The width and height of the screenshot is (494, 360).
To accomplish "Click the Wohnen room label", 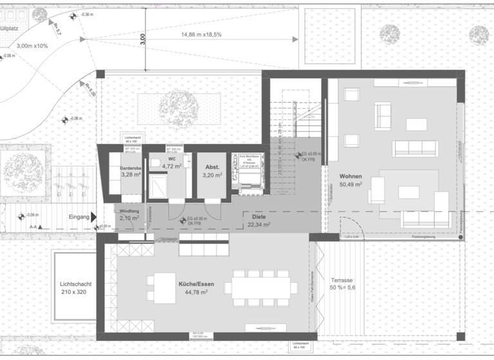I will tap(346, 176).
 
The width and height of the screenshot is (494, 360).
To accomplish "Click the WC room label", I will tap(172, 158).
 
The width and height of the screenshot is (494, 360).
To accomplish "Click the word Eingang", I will tap(79, 217).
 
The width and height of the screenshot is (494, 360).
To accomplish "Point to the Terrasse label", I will tap(342, 281).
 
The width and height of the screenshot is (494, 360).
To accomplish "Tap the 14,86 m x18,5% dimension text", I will tap(201, 34).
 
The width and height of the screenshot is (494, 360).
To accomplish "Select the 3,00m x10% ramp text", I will tap(32, 46).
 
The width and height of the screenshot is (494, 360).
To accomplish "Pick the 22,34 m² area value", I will tap(259, 225).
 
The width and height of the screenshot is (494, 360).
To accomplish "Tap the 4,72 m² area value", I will tap(172, 166).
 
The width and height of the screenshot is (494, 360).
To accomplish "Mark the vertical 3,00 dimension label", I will tap(143, 39).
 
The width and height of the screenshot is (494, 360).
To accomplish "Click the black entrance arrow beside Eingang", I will tap(95, 218).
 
